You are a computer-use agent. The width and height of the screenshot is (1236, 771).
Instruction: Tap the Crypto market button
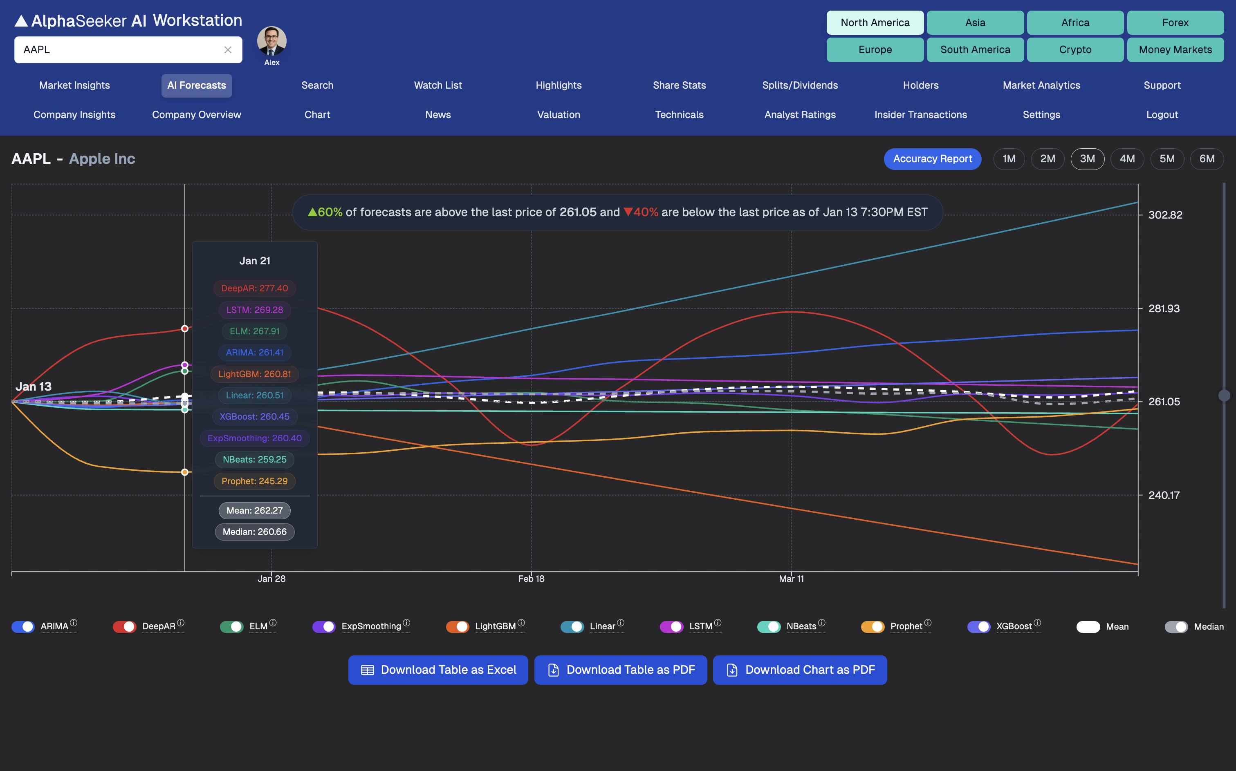click(x=1075, y=49)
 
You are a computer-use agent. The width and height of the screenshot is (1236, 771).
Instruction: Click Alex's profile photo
click(x=271, y=41)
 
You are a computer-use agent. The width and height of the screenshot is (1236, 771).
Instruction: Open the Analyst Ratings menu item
click(x=799, y=115)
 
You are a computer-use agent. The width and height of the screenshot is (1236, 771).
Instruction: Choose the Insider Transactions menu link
click(x=920, y=115)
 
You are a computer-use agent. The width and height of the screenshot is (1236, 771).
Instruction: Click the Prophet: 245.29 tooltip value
click(x=255, y=481)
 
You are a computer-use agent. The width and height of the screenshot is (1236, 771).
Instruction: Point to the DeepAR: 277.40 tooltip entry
click(x=255, y=288)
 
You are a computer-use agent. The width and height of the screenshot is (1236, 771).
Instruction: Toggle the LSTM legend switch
click(x=671, y=627)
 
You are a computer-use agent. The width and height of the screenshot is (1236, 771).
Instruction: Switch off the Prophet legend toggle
click(x=872, y=627)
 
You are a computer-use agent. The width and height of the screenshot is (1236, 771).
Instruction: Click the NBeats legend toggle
click(x=768, y=627)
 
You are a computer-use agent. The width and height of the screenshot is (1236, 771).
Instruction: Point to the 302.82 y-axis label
click(x=1164, y=215)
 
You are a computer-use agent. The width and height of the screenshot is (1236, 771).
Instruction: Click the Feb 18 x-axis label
click(x=531, y=579)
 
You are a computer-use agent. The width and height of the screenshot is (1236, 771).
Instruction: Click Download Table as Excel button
click(x=437, y=670)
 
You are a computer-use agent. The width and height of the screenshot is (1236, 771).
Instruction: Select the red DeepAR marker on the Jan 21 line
click(x=185, y=329)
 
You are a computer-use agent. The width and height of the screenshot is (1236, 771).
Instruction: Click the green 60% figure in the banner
click(x=330, y=212)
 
